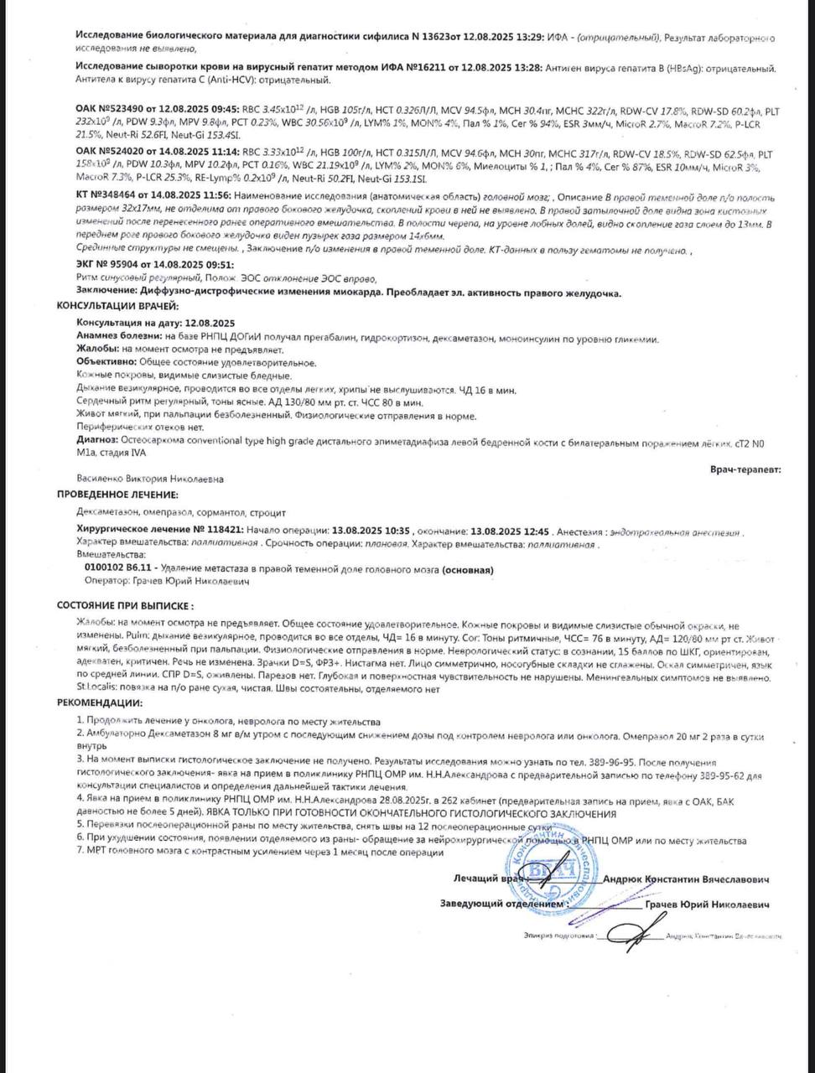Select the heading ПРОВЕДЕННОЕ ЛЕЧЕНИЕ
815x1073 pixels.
pos(117,495)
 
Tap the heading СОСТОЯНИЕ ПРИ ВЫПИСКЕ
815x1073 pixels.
pos(125,605)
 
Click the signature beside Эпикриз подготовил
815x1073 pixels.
pos(628,930)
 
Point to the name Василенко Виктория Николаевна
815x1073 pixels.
pos(150,479)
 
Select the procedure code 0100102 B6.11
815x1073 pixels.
pos(118,569)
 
